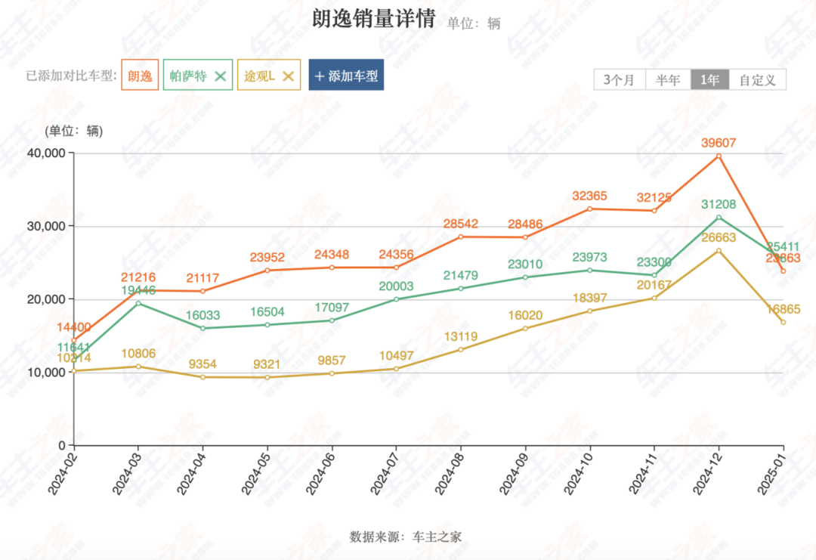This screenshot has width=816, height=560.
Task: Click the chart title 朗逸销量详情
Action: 373,19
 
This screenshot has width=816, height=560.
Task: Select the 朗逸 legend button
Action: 140,76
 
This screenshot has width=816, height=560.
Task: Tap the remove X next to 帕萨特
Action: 221,76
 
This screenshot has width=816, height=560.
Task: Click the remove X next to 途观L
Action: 288,76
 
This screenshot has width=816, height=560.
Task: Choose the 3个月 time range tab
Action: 620,79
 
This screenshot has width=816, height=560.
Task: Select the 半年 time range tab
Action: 668,79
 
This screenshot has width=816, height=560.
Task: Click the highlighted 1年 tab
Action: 710,79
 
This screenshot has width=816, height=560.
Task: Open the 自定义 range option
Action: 758,79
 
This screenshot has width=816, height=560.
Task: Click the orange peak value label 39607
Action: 719,143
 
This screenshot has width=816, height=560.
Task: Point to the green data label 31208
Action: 719,204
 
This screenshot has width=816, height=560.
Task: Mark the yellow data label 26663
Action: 719,238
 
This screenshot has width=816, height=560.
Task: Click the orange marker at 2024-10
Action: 590,209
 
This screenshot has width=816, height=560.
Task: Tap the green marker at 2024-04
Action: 202,328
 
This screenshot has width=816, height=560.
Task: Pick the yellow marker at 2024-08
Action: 461,350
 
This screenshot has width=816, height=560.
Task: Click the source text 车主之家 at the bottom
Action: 437,537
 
